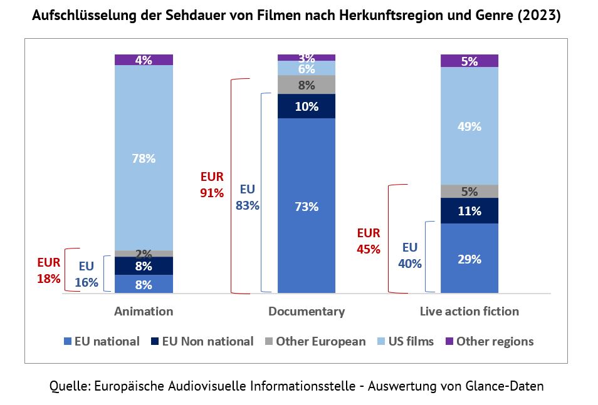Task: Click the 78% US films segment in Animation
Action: pyautogui.click(x=144, y=158)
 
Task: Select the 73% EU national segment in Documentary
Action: pyautogui.click(x=307, y=206)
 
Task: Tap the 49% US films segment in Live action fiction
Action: pyautogui.click(x=469, y=126)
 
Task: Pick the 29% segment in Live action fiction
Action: pyautogui.click(x=469, y=258)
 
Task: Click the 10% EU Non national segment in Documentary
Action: pyautogui.click(x=307, y=106)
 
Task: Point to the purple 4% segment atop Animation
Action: pyautogui.click(x=144, y=60)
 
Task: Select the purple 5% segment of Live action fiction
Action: pyautogui.click(x=469, y=61)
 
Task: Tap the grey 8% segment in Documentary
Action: pyautogui.click(x=307, y=84)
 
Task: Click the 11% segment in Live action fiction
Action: pyautogui.click(x=469, y=211)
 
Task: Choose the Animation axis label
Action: pyautogui.click(x=144, y=311)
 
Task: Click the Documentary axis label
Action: pyautogui.click(x=307, y=311)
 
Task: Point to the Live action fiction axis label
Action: pyautogui.click(x=469, y=311)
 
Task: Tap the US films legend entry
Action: pyautogui.click(x=405, y=341)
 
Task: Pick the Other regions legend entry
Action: pyautogui.click(x=489, y=341)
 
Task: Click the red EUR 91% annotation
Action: pyautogui.click(x=212, y=185)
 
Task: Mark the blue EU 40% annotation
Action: pyautogui.click(x=410, y=255)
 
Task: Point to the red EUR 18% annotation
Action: pyautogui.click(x=49, y=271)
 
